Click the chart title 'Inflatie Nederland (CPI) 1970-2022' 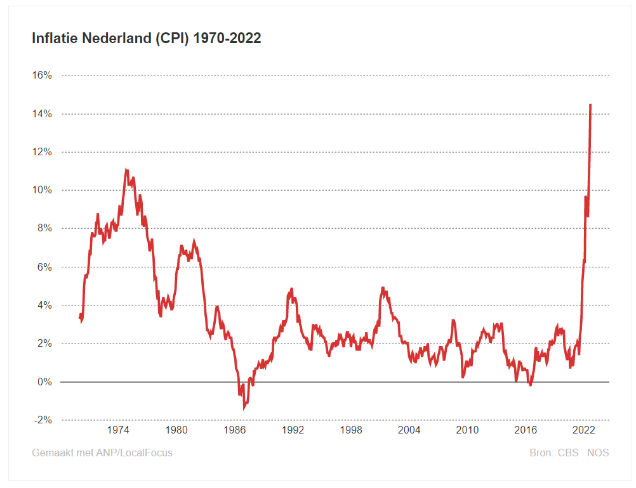pos(147,39)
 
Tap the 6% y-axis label pos(44,267)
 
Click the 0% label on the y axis pos(44,382)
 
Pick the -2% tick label pos(43,420)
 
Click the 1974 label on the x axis pos(118,430)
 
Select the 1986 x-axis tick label pos(234,430)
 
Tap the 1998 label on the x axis pos(351,430)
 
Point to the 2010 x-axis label pos(467,430)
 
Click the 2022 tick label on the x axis pos(583,430)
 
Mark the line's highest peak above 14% pos(590,105)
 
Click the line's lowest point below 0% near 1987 pos(244,407)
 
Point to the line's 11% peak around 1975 pos(127,170)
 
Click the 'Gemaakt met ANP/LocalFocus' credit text pos(102,453)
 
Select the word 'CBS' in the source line pos(568,453)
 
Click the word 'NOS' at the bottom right pos(597,453)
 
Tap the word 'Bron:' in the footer pos(541,453)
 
